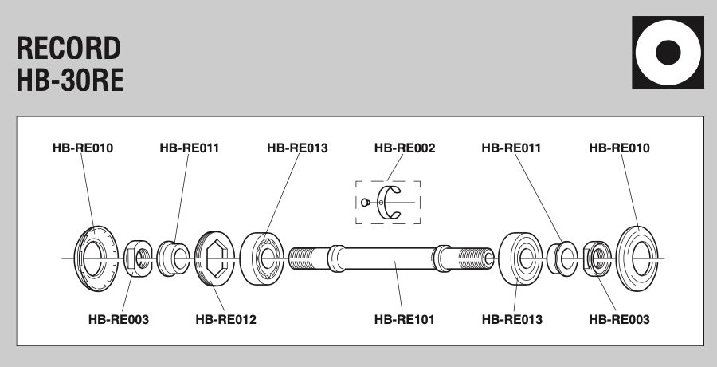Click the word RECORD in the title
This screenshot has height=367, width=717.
(69, 49)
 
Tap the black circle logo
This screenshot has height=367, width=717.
(668, 52)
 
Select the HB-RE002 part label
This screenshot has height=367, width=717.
(405, 148)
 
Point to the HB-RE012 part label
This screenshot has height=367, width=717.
(225, 320)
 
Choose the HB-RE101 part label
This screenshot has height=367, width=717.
(405, 320)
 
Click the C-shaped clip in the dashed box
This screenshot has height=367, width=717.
(390, 202)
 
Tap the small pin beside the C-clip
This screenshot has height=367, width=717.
(366, 202)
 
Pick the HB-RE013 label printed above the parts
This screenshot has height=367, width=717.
(297, 148)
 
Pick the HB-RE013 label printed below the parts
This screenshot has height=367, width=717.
(512, 320)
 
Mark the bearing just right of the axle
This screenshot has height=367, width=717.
(519, 258)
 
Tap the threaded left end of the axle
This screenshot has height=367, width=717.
(308, 258)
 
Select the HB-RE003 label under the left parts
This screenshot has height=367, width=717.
(118, 320)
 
